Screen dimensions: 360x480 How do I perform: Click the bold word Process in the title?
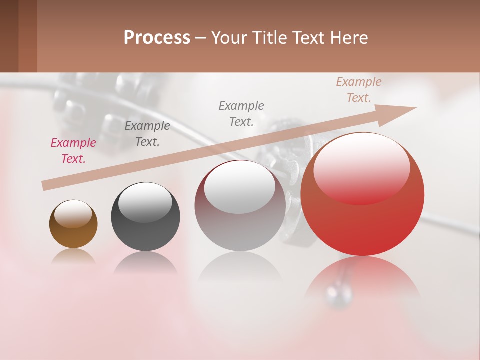click(157, 38)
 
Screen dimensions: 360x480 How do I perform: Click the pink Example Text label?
click(73, 151)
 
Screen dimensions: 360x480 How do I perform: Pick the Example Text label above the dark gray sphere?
click(147, 134)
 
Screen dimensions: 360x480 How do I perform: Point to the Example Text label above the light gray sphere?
click(241, 113)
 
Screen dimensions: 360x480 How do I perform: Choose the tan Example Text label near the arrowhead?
click(358, 90)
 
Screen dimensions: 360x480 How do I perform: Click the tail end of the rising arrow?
click(45, 185)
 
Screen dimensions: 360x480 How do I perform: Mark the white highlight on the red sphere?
click(361, 167)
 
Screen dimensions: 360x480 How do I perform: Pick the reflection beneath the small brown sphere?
click(73, 256)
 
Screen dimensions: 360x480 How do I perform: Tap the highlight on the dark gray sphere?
click(145, 202)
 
